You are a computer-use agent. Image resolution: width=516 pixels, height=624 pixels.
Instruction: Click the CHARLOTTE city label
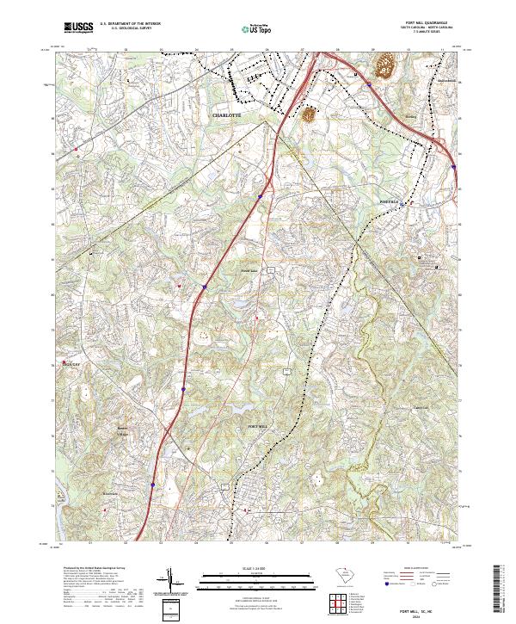pyautogui.click(x=228, y=114)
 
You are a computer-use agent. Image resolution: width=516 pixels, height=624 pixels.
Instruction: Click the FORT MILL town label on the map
pyautogui.click(x=259, y=427)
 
